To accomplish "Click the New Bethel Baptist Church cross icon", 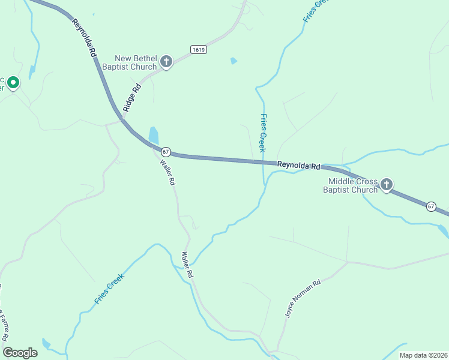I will pos(166,61).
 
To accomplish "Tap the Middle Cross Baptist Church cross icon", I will pos(387,185).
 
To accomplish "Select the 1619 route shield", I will pos(199,50).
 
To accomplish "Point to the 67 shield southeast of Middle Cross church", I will pos(431,206).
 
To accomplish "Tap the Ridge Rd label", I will pos(131,97).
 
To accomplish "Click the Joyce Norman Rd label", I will pos(303,298).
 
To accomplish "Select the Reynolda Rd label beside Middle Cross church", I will pos(298,165).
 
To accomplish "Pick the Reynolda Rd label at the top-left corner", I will pos(85,38).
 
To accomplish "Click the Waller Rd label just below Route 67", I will pos(167,171).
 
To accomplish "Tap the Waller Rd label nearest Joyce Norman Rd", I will pos(187,264).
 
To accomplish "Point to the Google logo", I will pos(20,353).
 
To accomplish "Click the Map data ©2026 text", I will pos(423,355).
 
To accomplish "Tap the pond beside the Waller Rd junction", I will pos(154,135).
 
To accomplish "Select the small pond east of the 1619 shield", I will pos(234,61).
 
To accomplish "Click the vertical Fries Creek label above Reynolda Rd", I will pos(262,133).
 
